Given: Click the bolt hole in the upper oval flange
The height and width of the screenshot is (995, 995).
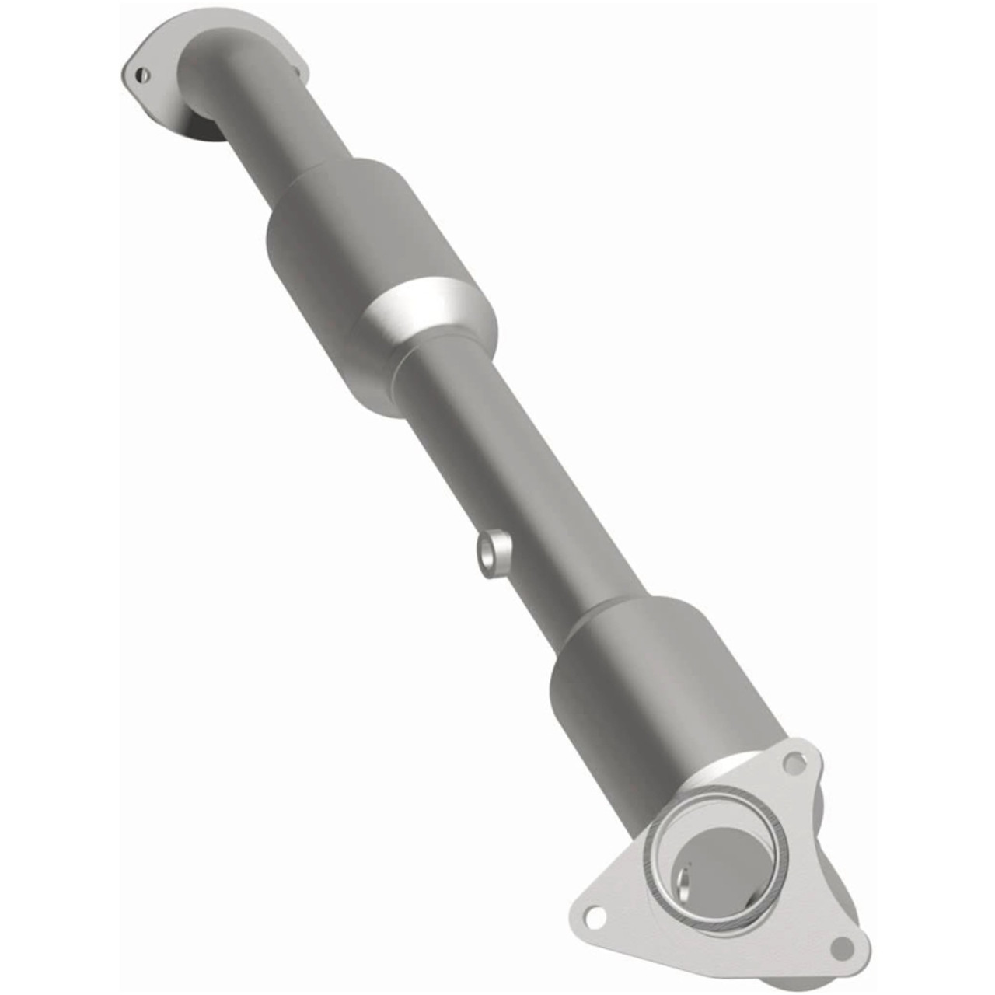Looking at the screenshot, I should coord(141,75).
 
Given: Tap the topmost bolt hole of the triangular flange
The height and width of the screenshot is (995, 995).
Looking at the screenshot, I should coord(792,763).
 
